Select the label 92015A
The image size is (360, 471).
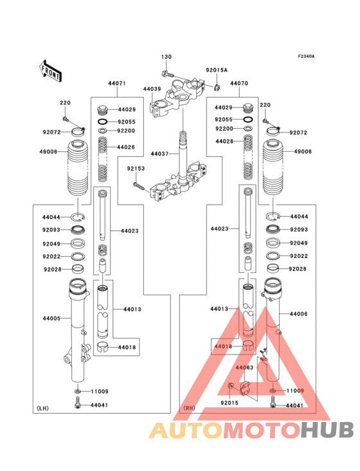click(x=217, y=69)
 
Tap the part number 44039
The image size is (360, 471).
click(x=152, y=88)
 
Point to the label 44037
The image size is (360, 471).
click(x=159, y=154)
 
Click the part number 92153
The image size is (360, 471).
click(x=135, y=169)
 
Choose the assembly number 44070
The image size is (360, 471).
click(x=239, y=84)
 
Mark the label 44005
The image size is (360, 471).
click(x=51, y=319)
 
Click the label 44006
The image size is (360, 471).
click(x=298, y=314)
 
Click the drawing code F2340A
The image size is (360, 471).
click(x=306, y=57)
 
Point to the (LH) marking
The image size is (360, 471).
click(x=43, y=408)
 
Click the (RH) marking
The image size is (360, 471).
click(x=189, y=408)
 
